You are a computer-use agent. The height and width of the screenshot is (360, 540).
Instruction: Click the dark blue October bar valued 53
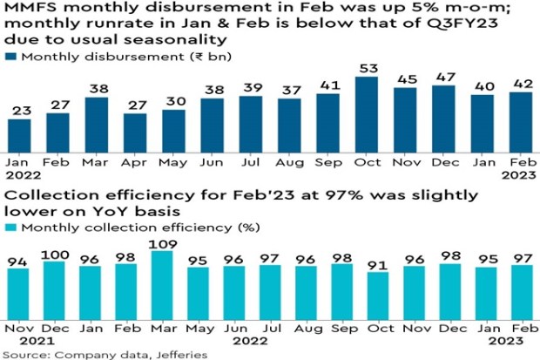(x=367, y=114)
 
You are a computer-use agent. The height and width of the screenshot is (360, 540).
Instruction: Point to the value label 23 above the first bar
(x=22, y=111)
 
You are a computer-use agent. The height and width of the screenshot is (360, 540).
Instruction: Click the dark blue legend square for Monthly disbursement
(x=10, y=57)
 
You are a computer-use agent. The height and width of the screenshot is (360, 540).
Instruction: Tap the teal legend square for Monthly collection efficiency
(x=10, y=228)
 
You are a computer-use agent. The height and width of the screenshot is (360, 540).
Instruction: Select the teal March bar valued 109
(x=162, y=285)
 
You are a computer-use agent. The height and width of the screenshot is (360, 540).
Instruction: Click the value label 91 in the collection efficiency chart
(x=377, y=266)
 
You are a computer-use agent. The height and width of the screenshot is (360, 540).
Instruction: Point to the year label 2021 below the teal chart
(x=37, y=341)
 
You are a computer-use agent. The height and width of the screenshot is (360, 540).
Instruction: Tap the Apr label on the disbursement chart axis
(x=134, y=163)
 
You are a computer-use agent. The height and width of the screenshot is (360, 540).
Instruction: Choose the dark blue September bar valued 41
(x=327, y=123)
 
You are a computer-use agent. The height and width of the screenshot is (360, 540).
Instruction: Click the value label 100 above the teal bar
(x=55, y=255)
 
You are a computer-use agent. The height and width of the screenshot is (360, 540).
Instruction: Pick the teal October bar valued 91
(x=378, y=295)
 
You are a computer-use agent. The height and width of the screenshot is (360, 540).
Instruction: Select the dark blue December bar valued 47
(x=443, y=119)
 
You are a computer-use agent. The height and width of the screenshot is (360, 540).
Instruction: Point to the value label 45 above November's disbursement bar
(x=407, y=79)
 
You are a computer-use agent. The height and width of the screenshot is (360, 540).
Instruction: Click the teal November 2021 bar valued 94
(x=18, y=294)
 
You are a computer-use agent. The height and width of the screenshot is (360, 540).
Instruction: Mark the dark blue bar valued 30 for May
(x=173, y=131)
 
